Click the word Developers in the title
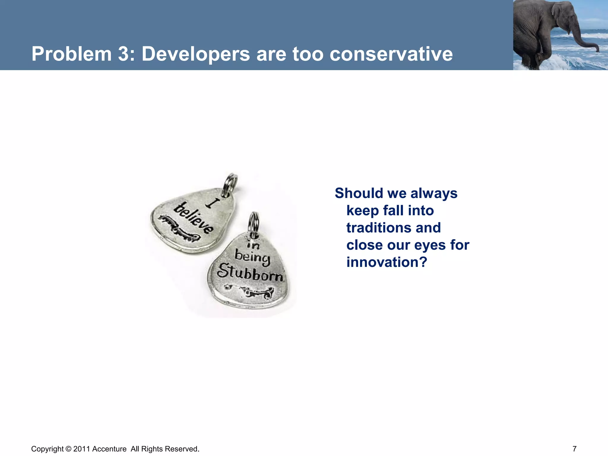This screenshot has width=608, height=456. click(x=196, y=54)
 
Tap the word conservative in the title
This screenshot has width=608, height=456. click(x=391, y=54)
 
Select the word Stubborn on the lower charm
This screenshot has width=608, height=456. click(x=250, y=272)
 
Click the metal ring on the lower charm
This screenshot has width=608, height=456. click(x=254, y=223)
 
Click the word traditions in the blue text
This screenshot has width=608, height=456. click(x=393, y=228)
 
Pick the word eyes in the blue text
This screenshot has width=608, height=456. click(x=430, y=245)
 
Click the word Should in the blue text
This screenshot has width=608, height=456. click(x=359, y=193)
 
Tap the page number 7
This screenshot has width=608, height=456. click(x=574, y=449)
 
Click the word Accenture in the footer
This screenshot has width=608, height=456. click(x=109, y=449)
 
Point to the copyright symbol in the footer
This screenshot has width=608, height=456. click(x=68, y=449)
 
